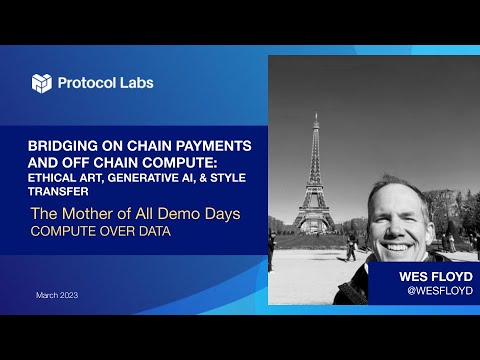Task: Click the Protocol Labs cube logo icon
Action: click(x=42, y=83)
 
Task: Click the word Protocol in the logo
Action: click(x=89, y=83)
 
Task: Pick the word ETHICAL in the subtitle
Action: click(x=55, y=176)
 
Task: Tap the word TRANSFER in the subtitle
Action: click(x=59, y=191)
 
